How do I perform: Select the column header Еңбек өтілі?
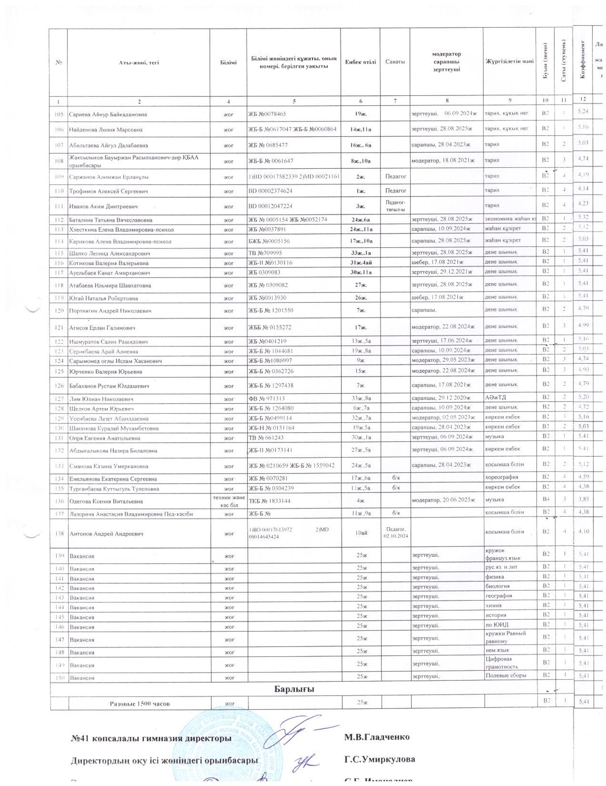click(360, 62)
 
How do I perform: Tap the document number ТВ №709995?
click(266, 253)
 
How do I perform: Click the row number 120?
click(59, 311)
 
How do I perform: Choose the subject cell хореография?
click(502, 477)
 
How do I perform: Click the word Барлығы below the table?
click(294, 689)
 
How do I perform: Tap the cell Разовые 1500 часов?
click(139, 704)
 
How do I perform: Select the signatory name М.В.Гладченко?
click(377, 737)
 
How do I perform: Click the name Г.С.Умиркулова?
click(380, 759)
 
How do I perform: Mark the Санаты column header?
click(395, 62)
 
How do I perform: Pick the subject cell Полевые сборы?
click(505, 675)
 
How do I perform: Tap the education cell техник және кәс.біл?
click(228, 501)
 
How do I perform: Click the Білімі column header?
click(228, 62)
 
